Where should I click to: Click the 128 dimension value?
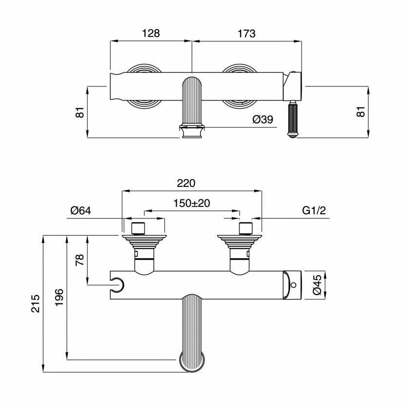tap(151, 33)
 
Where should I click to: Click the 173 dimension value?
tap(247, 34)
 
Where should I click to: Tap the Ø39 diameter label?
tap(263, 120)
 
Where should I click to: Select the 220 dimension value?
tap(186, 183)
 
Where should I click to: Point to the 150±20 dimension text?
tap(192, 203)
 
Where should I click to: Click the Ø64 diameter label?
tap(81, 211)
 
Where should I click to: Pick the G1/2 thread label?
tap(314, 211)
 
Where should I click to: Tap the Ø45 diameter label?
tap(317, 284)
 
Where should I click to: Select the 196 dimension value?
tap(59, 297)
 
